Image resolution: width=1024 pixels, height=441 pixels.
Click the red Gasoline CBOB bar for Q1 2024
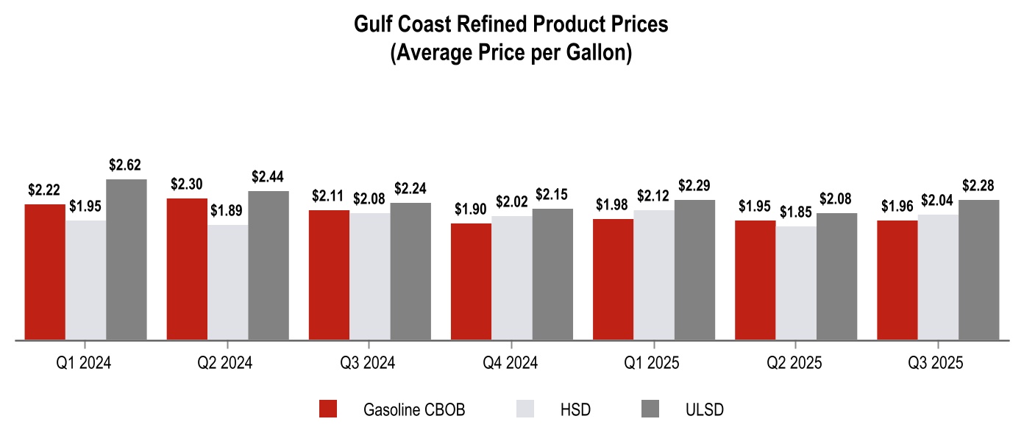[45, 272]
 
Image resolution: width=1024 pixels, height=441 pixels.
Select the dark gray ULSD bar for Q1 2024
[127, 259]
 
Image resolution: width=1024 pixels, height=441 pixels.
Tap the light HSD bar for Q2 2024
[227, 282]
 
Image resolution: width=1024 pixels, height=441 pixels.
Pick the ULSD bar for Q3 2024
[410, 271]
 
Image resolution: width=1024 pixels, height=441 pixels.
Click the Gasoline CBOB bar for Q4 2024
[471, 282]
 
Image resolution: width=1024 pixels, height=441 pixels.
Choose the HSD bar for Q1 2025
[654, 275]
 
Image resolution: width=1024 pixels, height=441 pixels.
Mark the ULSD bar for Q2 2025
[836, 276]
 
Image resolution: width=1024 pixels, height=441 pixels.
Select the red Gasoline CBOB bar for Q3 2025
[897, 280]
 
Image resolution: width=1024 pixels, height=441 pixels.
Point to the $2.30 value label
[186, 184]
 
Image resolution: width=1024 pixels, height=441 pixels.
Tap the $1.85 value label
[795, 212]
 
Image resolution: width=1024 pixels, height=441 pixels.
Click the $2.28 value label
[979, 185]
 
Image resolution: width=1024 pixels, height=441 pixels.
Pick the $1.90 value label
[471, 209]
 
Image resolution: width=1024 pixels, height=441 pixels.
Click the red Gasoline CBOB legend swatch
[327, 409]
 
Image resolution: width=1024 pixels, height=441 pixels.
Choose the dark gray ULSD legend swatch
[650, 409]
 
